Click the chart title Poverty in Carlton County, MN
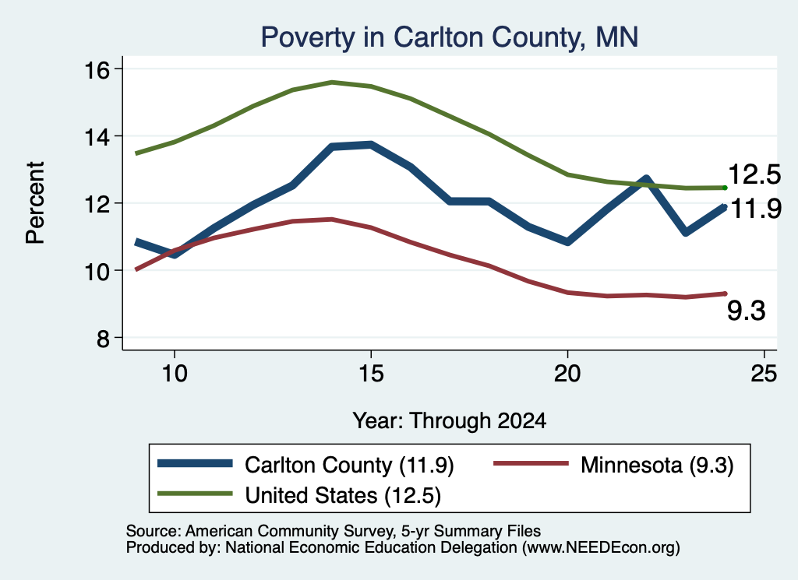(450, 37)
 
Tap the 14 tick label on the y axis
(96, 137)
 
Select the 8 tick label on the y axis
(103, 338)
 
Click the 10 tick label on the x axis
(175, 374)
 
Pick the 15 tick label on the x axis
(370, 374)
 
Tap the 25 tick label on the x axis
(764, 374)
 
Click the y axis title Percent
(36, 203)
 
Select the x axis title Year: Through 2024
(450, 421)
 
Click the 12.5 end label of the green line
(754, 174)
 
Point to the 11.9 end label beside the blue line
(756, 209)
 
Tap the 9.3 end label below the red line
(746, 311)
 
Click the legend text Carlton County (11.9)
(349, 465)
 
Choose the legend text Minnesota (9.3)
(657, 465)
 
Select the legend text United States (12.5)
(343, 496)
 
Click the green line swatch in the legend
(195, 494)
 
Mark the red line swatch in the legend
(531, 463)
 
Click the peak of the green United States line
(332, 82)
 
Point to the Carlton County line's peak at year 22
(646, 178)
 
